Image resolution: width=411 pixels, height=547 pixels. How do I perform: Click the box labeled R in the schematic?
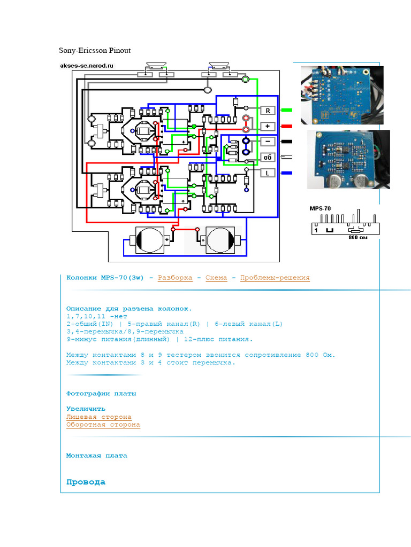pos(267,111)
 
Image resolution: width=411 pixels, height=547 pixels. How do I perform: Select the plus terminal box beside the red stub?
pos(267,126)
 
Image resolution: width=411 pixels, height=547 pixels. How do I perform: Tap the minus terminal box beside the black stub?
pos(267,142)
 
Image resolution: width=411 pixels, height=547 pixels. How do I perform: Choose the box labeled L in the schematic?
pos(267,173)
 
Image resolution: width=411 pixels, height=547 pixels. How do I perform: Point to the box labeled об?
pos(267,157)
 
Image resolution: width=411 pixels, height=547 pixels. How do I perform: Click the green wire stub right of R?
pos(286,111)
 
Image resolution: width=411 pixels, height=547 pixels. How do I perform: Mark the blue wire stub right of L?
pos(286,173)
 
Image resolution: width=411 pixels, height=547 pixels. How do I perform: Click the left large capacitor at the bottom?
pos(149,240)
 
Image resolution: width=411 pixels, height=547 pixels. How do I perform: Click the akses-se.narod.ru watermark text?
pos(87,66)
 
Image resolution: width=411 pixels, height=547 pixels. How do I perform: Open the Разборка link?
pos(175,278)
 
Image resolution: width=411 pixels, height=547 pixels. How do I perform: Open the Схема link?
pos(216,278)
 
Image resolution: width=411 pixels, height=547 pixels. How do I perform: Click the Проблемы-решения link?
pos(275,278)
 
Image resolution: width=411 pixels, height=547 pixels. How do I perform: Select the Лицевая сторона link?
pos(98,417)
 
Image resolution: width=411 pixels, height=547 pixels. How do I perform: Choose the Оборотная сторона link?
pos(103,425)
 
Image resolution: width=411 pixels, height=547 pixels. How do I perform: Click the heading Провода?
pos(86,482)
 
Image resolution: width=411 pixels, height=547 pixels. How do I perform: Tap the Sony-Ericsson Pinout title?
pos(95,51)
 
